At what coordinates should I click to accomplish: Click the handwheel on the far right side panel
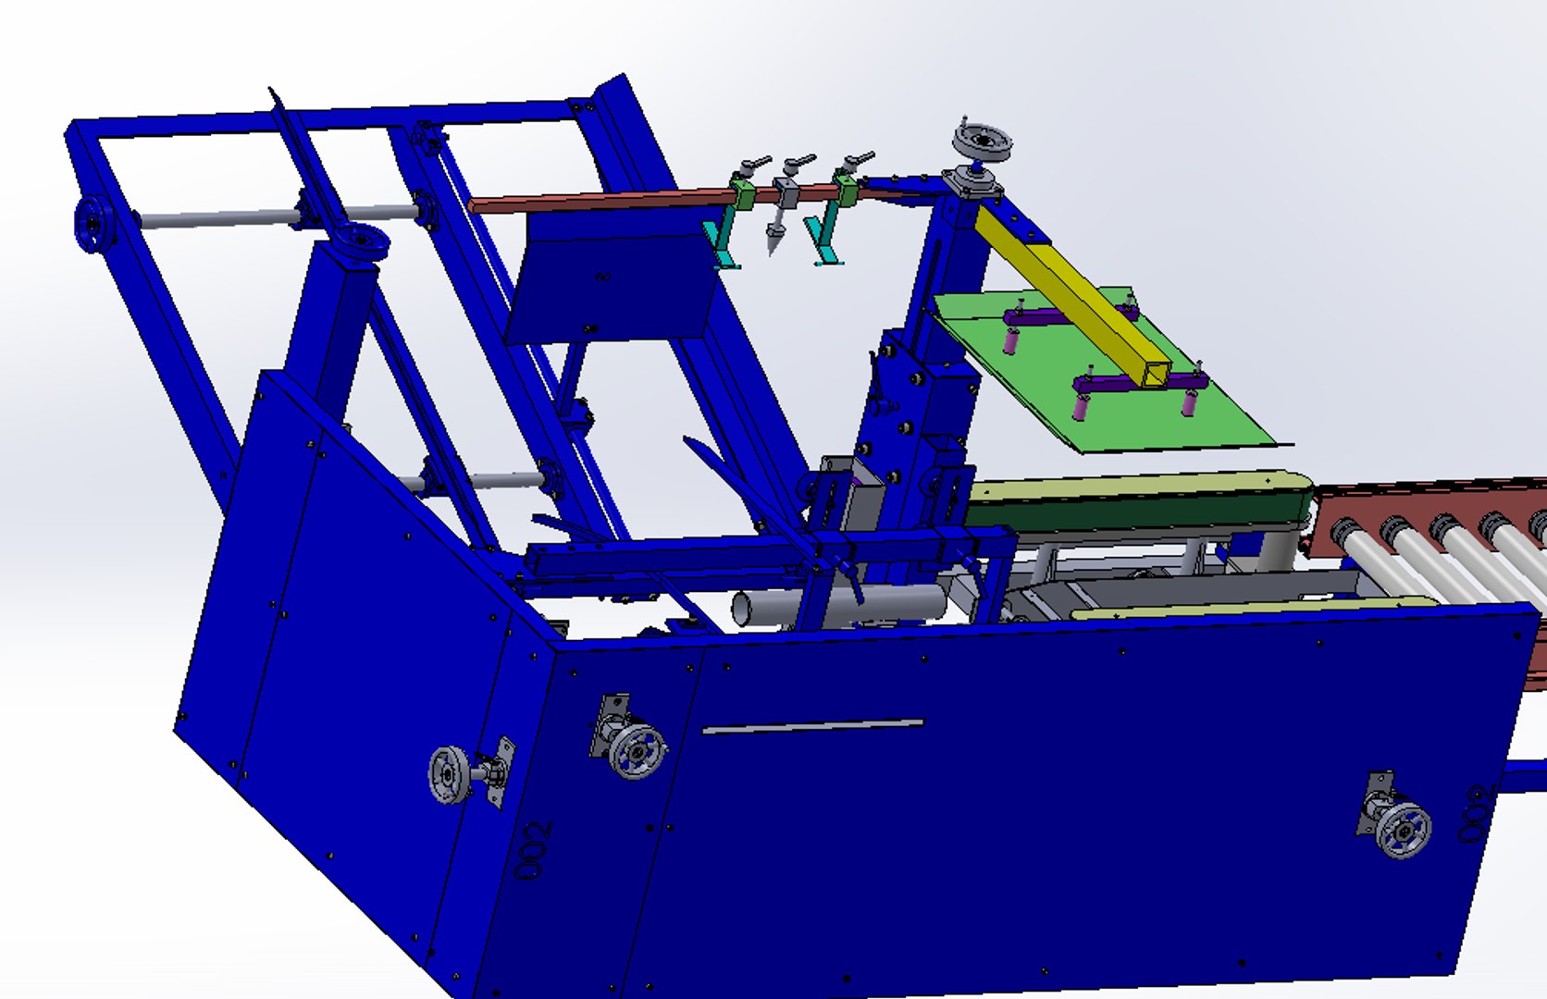coord(1403,829)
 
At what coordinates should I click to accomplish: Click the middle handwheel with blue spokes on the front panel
coord(637,750)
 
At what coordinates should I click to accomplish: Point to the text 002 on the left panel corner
coord(535,849)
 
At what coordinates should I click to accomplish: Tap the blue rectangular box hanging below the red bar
coord(611,287)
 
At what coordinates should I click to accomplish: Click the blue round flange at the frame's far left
coord(93,223)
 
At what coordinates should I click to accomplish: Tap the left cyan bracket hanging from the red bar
coord(723,240)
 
